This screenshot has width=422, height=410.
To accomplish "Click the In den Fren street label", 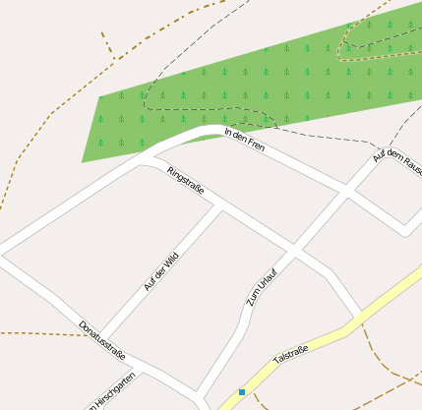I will tap(245, 140).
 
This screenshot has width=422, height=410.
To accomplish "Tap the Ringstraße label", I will tap(185, 181).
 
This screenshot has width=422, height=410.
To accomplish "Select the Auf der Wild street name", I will tap(160, 271).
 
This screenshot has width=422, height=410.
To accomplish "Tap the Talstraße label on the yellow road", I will tap(291, 355).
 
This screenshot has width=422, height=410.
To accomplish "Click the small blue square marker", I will tap(242, 392).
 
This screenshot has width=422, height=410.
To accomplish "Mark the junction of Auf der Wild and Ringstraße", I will tap(219, 205).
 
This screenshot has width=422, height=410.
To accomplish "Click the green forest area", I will tap(246, 88).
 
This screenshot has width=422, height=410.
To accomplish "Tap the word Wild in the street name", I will tap(171, 260).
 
